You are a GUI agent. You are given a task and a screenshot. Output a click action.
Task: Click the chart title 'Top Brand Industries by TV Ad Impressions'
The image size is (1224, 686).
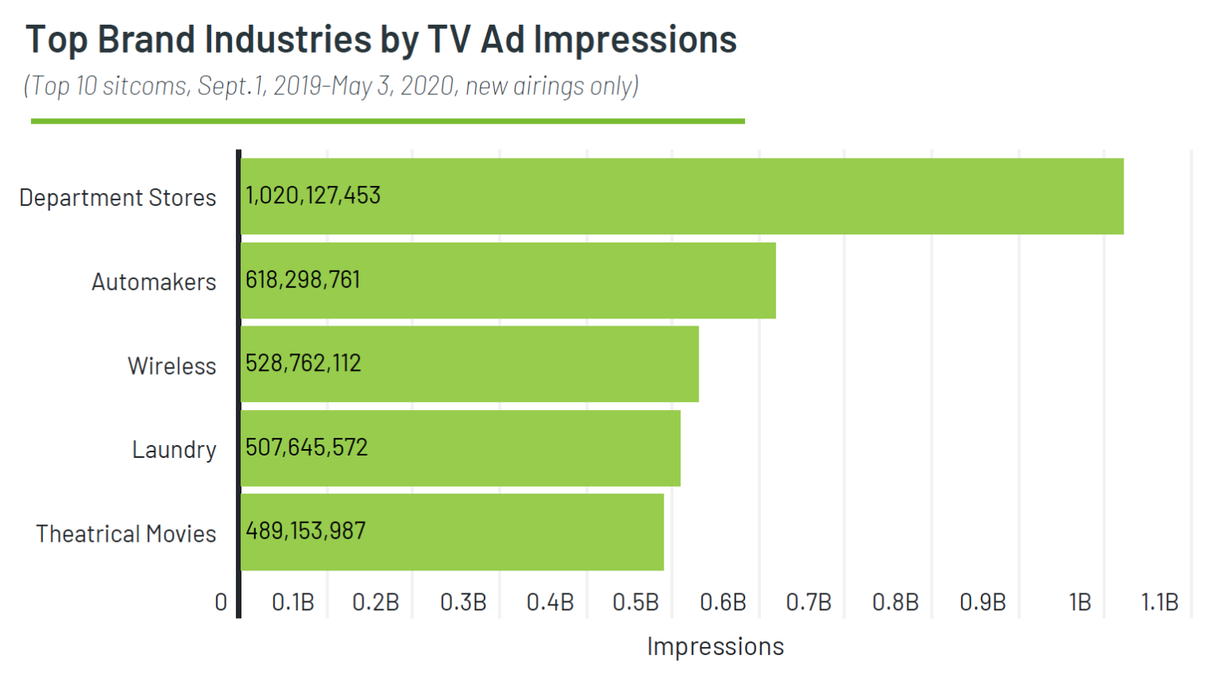pyautogui.click(x=381, y=40)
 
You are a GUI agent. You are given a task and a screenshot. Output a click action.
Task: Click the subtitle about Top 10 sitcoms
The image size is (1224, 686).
pyautogui.click(x=331, y=85)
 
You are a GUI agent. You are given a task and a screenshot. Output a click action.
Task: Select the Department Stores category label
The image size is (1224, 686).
pyautogui.click(x=117, y=198)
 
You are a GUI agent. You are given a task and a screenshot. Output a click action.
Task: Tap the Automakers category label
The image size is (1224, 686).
pyautogui.click(x=154, y=282)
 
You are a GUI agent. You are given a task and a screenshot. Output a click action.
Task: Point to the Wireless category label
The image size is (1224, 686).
pyautogui.click(x=172, y=366)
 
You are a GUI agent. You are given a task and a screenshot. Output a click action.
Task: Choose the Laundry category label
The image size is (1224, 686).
pyautogui.click(x=174, y=450)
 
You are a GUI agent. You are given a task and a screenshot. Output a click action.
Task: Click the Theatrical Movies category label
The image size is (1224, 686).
pyautogui.click(x=126, y=534)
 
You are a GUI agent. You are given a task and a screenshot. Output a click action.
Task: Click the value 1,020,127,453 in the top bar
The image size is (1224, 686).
pyautogui.click(x=313, y=195)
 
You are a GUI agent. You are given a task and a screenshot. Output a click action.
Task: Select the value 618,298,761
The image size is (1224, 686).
pyautogui.click(x=303, y=280)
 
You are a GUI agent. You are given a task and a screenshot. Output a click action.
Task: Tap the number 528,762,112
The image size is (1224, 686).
pyautogui.click(x=303, y=364)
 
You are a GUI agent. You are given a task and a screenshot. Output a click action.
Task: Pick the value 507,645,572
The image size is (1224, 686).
pyautogui.click(x=307, y=447)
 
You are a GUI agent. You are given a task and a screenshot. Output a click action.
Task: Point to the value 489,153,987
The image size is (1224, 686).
pyautogui.click(x=305, y=531)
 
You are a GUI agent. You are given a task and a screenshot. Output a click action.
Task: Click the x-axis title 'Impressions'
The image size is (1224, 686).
pyautogui.click(x=715, y=646)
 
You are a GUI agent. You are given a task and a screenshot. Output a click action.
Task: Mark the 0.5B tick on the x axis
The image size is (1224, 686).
pyautogui.click(x=635, y=602)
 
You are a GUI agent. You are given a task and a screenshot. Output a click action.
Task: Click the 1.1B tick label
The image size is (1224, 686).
pyautogui.click(x=1159, y=602)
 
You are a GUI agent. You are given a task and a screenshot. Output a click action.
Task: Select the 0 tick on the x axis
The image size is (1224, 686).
pyautogui.click(x=221, y=602)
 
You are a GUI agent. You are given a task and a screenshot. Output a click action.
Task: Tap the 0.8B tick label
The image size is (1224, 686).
pyautogui.click(x=895, y=602)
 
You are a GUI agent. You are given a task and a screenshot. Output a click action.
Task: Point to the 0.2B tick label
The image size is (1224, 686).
pyautogui.click(x=375, y=602)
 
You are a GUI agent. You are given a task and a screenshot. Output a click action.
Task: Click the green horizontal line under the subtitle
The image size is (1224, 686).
pyautogui.click(x=387, y=121)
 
